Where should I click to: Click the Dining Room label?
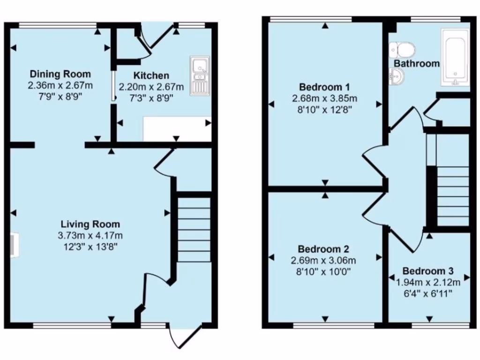pyautogui.click(x=60, y=74)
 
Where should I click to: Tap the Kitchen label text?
pyautogui.click(x=151, y=75)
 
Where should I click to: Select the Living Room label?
pyautogui.click(x=90, y=224)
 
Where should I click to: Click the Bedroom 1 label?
pyautogui.click(x=325, y=87)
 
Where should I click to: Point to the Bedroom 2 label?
pyautogui.click(x=324, y=249)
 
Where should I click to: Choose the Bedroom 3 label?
pyautogui.click(x=428, y=271)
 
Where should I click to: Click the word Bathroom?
pyautogui.click(x=417, y=63)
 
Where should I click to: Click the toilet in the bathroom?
pyautogui.click(x=402, y=49)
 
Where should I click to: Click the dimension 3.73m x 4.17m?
pyautogui.click(x=90, y=236)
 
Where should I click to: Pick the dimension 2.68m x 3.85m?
pyautogui.click(x=325, y=98)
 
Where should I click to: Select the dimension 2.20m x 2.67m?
pyautogui.click(x=151, y=87)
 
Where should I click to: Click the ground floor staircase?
pyautogui.click(x=194, y=230)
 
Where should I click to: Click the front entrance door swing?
pyautogui.click(x=184, y=335)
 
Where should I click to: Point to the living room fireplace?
pyautogui.click(x=13, y=245)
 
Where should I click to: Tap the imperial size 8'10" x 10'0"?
pyautogui.click(x=324, y=271)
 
